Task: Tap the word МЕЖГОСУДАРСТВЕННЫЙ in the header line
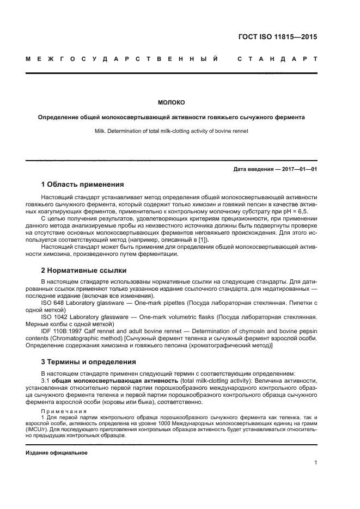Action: click(x=123, y=58)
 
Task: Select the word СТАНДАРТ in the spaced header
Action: click(x=277, y=58)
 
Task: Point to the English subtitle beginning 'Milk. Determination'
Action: click(x=172, y=131)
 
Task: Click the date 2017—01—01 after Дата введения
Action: click(x=298, y=169)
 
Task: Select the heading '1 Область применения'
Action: click(x=82, y=185)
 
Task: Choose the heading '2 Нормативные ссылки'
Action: click(x=84, y=270)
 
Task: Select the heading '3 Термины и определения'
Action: click(x=89, y=361)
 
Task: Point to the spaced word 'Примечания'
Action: click(x=64, y=410)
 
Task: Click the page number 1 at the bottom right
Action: click(x=315, y=463)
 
